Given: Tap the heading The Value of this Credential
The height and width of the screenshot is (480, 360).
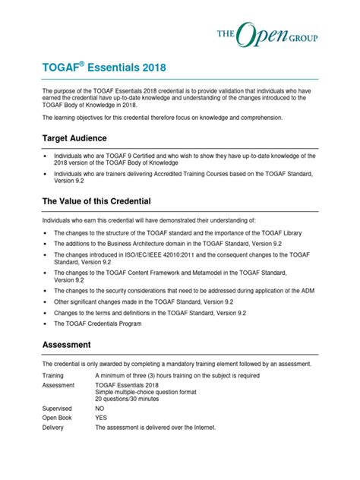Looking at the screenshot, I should tap(96, 201).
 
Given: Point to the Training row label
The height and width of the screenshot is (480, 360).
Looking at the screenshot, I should tap(53, 375).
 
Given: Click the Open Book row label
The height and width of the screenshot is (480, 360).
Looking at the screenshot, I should tap(58, 417).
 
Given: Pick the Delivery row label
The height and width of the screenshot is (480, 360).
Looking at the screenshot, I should tap(55, 428).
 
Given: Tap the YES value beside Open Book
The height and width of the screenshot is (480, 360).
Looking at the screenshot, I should tap(101, 417).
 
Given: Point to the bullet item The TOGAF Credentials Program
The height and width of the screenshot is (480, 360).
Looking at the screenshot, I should tap(112, 324).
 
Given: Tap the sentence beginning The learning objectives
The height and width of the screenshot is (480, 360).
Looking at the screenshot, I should tap(163, 118).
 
